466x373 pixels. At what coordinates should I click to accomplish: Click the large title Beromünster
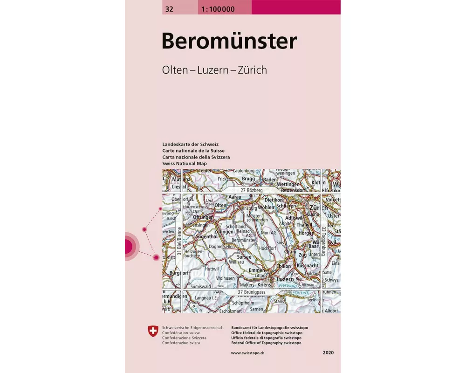point(229,41)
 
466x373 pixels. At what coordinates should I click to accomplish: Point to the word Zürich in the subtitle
point(252,70)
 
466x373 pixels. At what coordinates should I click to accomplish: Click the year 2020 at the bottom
point(328,353)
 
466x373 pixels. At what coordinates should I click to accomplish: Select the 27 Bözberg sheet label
point(252,191)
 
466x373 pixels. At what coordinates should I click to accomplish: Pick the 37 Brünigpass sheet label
point(251,292)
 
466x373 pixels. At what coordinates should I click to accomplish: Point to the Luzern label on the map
point(285,279)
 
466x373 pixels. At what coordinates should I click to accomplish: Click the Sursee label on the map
point(244,257)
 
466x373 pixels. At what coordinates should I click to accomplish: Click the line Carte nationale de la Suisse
point(193,151)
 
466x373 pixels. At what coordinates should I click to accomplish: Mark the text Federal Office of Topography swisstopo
point(266,343)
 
